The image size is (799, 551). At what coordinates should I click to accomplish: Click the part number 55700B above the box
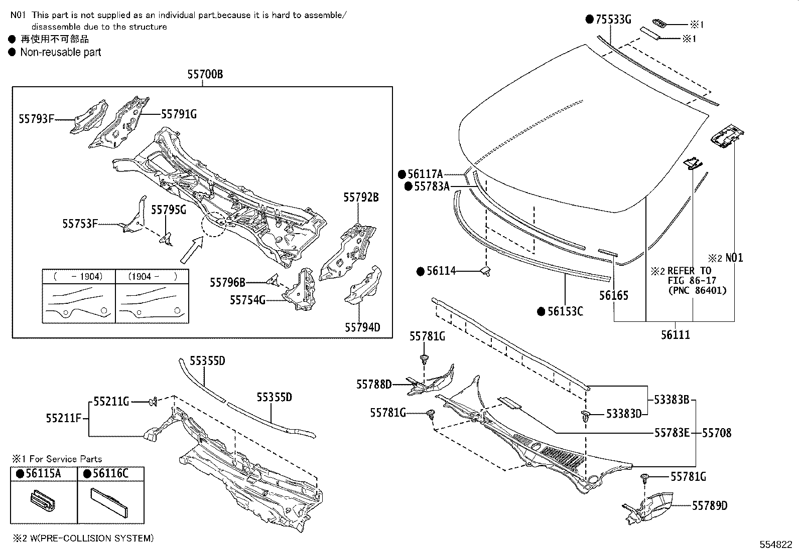point(205,75)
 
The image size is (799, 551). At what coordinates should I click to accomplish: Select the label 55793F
point(36,119)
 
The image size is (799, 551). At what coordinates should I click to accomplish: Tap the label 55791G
point(179,114)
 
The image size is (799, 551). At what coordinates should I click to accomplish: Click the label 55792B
point(361,198)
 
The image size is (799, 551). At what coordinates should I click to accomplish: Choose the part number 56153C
point(565,311)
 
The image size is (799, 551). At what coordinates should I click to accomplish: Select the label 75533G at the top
point(612,20)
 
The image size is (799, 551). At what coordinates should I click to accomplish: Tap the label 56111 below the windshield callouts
point(675,334)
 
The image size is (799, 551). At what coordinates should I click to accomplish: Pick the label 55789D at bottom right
point(710,506)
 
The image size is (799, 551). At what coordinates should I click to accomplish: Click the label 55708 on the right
point(716,433)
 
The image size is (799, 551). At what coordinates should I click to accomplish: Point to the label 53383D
point(624,414)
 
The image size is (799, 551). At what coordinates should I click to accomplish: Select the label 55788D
point(374,385)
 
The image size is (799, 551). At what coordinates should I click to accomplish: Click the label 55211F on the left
point(63,418)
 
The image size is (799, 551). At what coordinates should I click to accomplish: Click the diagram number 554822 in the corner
point(776,544)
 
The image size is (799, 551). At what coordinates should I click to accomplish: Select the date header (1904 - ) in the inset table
point(152,276)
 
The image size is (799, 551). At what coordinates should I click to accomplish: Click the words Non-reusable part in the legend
point(61,52)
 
